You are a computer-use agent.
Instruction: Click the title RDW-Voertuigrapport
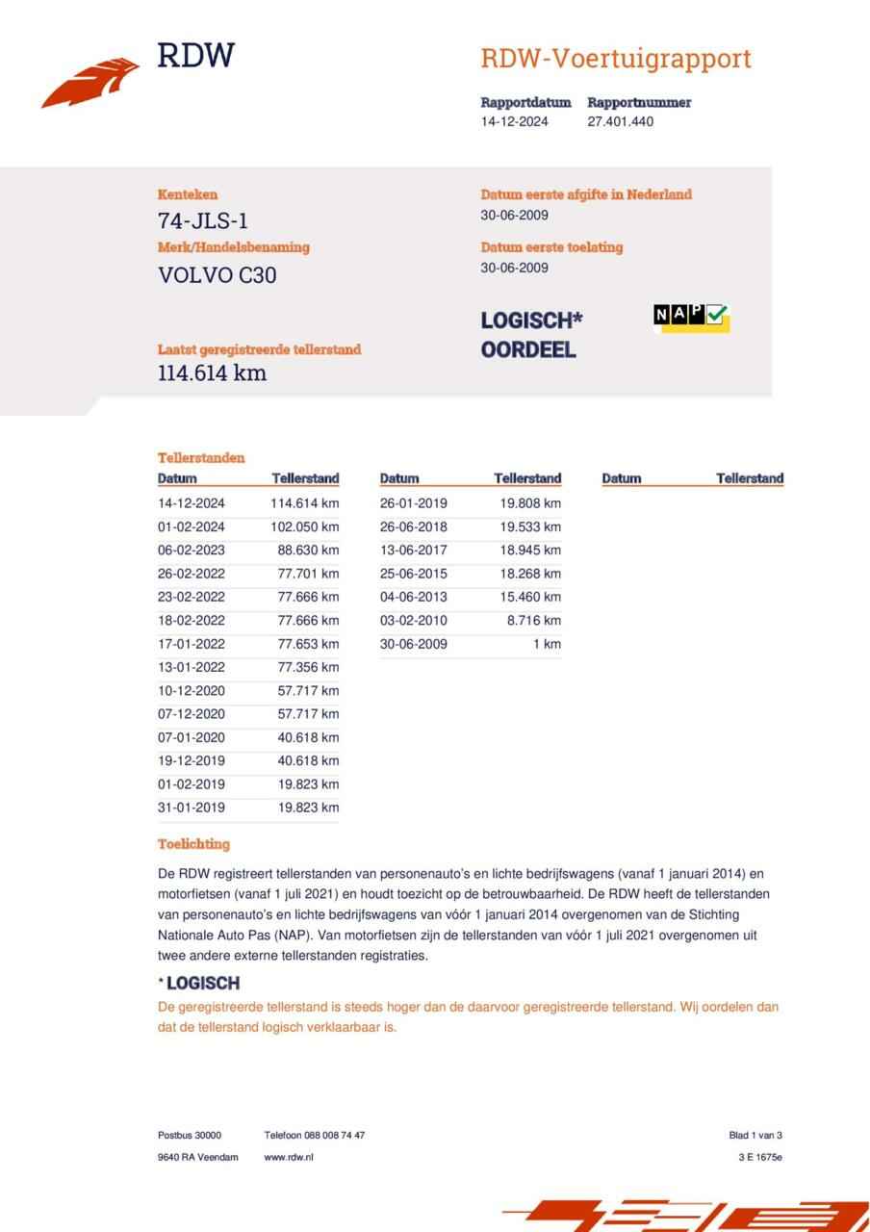(x=615, y=59)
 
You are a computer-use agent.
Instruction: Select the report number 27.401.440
(x=620, y=121)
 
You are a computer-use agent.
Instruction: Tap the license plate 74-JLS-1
(x=203, y=220)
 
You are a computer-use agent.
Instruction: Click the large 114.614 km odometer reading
(x=212, y=372)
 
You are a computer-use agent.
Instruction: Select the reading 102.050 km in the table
(x=305, y=526)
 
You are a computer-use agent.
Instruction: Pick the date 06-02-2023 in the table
(x=192, y=551)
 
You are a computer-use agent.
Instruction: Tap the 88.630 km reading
(x=308, y=551)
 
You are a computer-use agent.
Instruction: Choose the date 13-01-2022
(x=192, y=667)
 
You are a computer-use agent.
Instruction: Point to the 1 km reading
(x=547, y=644)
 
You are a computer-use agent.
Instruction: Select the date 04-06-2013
(x=414, y=597)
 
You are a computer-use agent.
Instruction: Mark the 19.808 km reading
(x=530, y=503)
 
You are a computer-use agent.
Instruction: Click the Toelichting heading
(x=193, y=844)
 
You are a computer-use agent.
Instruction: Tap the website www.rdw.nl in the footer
(x=289, y=1157)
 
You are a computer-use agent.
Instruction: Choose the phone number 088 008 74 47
(x=335, y=1135)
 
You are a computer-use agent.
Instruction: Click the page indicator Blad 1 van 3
(x=755, y=1135)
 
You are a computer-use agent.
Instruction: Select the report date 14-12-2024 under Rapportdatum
(x=515, y=121)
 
